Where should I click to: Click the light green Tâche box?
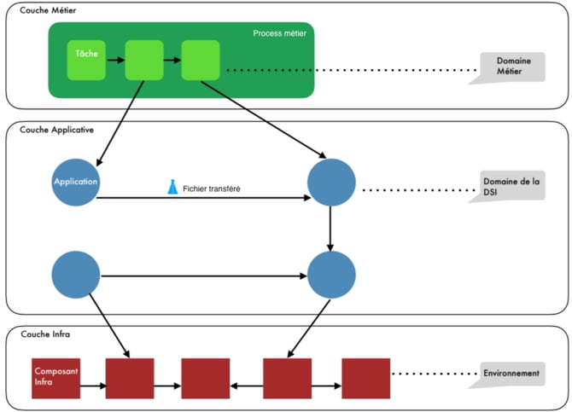pyautogui.click(x=86, y=58)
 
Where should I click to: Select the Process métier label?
pyautogui.click(x=279, y=33)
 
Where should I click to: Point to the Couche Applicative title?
pyautogui.click(x=56, y=129)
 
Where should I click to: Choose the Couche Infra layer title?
pyautogui.click(x=44, y=334)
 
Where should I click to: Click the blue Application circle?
pyautogui.click(x=76, y=182)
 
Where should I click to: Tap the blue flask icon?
pyautogui.click(x=172, y=186)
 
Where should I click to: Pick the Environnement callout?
pyautogui.click(x=511, y=373)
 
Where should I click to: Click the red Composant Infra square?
pyautogui.click(x=56, y=377)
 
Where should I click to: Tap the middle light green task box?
pyautogui.click(x=143, y=60)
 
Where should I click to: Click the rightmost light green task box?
pyautogui.click(x=201, y=60)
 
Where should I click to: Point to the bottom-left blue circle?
pyautogui.click(x=76, y=275)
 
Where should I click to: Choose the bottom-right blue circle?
pyautogui.click(x=331, y=275)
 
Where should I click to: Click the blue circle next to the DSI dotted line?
pyautogui.click(x=331, y=183)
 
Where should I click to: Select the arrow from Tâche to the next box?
pyautogui.click(x=114, y=60)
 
